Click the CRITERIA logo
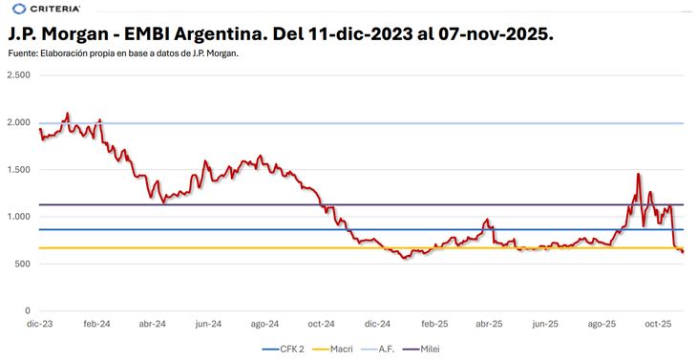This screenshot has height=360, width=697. tap(40, 9)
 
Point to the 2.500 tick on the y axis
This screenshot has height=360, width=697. tap(19, 75)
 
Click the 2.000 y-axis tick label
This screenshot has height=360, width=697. tap(19, 123)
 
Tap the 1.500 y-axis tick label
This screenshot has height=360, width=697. tap(19, 170)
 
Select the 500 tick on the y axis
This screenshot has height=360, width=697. tap(23, 264)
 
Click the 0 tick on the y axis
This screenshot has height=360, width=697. tap(28, 311)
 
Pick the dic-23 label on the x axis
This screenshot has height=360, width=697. tap(39, 325)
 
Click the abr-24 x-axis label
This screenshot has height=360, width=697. tap(152, 325)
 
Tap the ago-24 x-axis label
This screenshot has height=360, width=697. tap(264, 325)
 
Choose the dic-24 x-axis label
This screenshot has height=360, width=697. tap(377, 325)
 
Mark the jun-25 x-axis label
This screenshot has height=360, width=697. tap(546, 325)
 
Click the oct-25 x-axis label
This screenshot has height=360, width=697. tap(659, 325)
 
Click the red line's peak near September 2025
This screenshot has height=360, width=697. tap(638, 174)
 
